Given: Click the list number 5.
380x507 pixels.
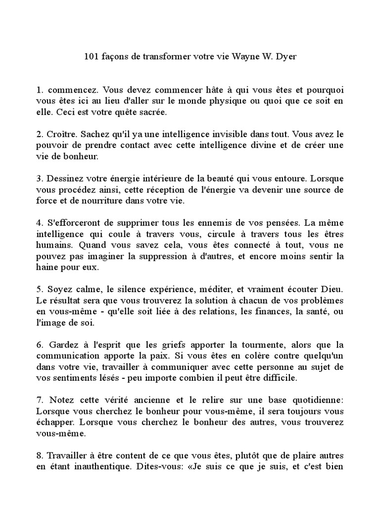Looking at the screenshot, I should click(39, 289).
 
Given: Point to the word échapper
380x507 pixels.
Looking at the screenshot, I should click(55, 422).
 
